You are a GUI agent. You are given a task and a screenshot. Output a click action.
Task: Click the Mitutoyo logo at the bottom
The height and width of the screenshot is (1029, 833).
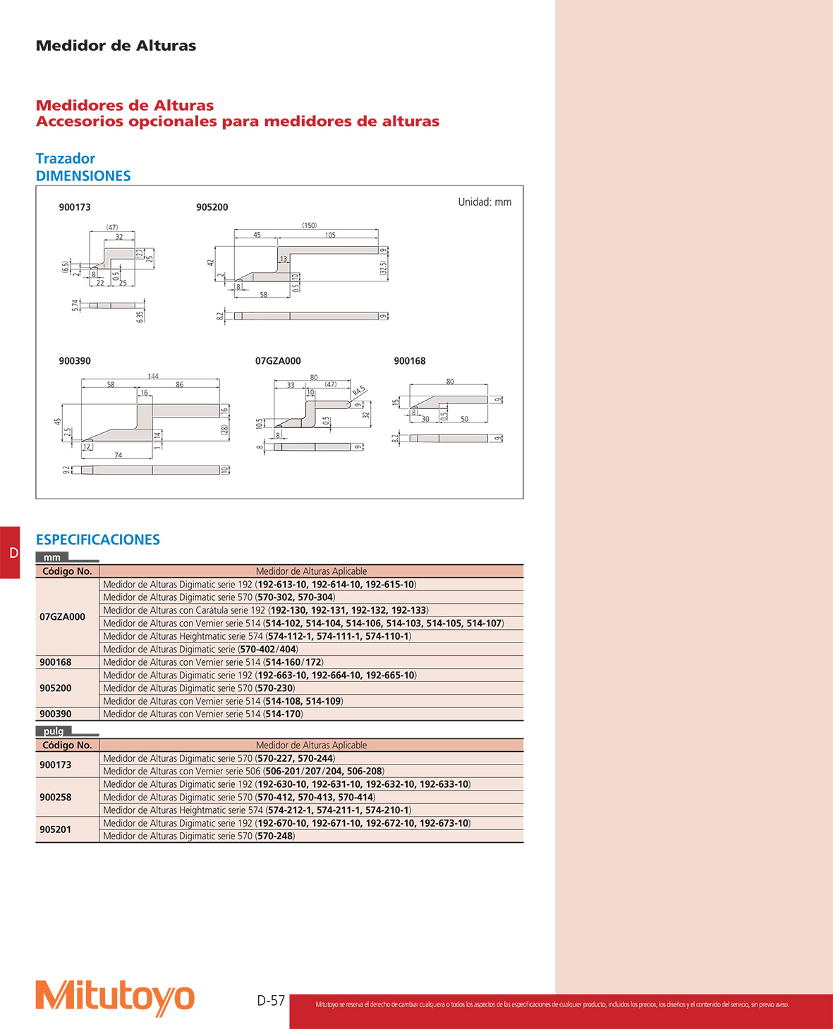(x=115, y=997)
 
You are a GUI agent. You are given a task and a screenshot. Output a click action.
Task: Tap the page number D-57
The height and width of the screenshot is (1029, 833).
(x=271, y=1000)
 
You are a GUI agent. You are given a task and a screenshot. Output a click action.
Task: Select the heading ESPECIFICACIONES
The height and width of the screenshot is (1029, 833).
(x=98, y=540)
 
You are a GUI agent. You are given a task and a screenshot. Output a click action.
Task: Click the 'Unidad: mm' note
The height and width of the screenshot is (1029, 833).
(x=485, y=202)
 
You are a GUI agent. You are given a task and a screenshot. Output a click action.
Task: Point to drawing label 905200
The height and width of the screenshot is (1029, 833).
(x=212, y=207)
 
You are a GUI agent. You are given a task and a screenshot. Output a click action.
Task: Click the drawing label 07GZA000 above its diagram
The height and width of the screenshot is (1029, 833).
(x=278, y=361)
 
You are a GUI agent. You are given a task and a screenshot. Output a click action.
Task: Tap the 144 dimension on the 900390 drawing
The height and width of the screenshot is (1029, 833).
(x=153, y=376)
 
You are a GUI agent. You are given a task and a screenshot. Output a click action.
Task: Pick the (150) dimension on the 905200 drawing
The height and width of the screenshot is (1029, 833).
(x=310, y=226)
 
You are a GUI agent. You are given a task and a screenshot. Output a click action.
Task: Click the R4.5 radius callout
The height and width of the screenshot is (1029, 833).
(x=358, y=390)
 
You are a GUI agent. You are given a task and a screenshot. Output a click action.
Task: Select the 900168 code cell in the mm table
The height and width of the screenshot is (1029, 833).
(x=56, y=662)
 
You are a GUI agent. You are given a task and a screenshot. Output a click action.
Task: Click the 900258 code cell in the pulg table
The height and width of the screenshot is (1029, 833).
(x=56, y=797)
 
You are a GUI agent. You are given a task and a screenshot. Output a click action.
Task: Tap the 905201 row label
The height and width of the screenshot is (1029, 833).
(x=56, y=829)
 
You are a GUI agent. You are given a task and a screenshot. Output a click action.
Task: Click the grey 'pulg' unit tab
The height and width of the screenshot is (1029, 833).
(x=54, y=731)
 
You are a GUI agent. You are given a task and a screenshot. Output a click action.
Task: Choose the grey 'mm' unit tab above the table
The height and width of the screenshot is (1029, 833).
(x=52, y=557)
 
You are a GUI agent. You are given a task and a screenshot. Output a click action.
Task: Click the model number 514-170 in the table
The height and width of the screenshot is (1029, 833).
(x=283, y=714)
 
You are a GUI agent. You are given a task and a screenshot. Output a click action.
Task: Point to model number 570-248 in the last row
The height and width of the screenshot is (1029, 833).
(x=274, y=836)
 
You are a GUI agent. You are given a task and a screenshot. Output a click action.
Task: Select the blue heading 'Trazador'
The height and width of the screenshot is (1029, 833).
(x=66, y=159)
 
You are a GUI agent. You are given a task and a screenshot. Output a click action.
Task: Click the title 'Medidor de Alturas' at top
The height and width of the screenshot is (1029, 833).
(x=116, y=46)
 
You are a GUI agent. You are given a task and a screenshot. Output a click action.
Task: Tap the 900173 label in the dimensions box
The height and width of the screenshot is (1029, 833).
(x=75, y=207)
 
